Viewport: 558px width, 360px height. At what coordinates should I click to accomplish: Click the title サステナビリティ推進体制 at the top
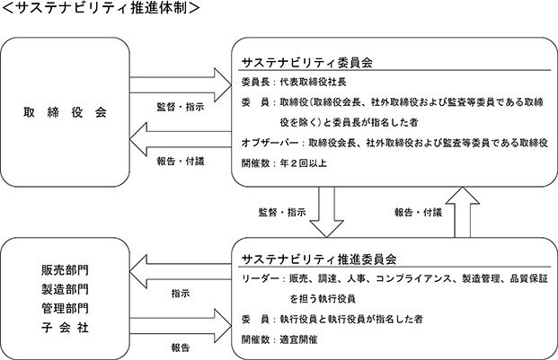(102, 8)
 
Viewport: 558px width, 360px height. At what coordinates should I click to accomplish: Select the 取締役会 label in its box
(65, 112)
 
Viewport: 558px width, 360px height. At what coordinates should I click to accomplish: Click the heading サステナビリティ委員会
(307, 63)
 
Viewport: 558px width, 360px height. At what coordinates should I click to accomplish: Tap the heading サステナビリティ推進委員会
(319, 259)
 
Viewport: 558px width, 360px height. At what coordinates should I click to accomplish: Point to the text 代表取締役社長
(314, 82)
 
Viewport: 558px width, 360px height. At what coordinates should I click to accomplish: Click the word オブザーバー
(270, 143)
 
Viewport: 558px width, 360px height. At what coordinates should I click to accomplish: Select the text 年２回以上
(303, 163)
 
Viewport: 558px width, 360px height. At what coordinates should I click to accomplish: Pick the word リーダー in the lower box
(261, 278)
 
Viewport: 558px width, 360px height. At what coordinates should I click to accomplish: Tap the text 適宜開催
(298, 339)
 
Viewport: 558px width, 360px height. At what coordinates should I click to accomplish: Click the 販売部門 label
(65, 270)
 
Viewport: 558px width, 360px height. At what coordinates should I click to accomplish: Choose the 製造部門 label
(65, 289)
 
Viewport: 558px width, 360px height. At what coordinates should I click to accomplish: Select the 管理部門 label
(65, 308)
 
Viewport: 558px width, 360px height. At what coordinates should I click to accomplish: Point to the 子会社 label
(65, 327)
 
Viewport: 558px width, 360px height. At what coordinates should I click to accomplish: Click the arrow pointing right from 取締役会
(181, 85)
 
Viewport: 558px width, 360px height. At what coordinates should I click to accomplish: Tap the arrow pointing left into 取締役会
(181, 139)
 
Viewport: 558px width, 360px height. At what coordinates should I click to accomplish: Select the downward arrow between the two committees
(326, 212)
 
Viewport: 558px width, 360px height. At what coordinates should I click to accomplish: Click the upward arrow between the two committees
(462, 212)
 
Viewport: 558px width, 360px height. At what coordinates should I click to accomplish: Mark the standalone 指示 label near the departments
(181, 294)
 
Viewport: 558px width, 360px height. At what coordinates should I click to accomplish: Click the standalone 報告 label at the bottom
(181, 347)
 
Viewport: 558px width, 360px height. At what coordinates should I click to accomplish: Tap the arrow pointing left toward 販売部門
(181, 272)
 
